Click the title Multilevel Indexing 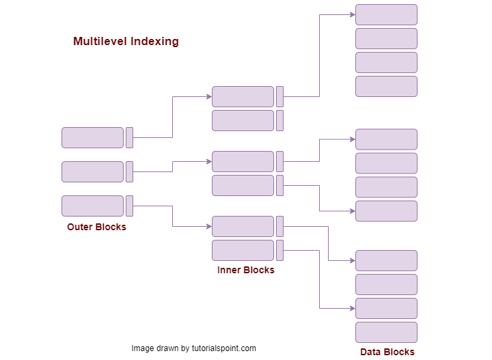pyautogui.click(x=126, y=42)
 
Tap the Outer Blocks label pyautogui.click(x=96, y=227)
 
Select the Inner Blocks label pyautogui.click(x=245, y=270)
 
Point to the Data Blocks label pyautogui.click(x=387, y=352)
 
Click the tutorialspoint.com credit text pyautogui.click(x=193, y=348)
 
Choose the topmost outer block pyautogui.click(x=92, y=137)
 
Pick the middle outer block pyautogui.click(x=92, y=171)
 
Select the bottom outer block pyautogui.click(x=92, y=206)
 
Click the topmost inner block pyautogui.click(x=243, y=96)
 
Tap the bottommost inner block pyautogui.click(x=243, y=250)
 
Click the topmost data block pyautogui.click(x=386, y=14)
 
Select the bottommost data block pyautogui.click(x=386, y=332)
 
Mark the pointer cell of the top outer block pyautogui.click(x=129, y=137)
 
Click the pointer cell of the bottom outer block pyautogui.click(x=129, y=206)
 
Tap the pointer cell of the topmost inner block pyautogui.click(x=279, y=96)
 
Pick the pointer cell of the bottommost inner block pyautogui.click(x=279, y=250)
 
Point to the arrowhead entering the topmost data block pyautogui.click(x=352, y=14)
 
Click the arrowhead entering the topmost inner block pyautogui.click(x=208, y=96)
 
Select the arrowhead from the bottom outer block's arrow pyautogui.click(x=208, y=226)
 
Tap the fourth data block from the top pyautogui.click(x=386, y=86)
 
